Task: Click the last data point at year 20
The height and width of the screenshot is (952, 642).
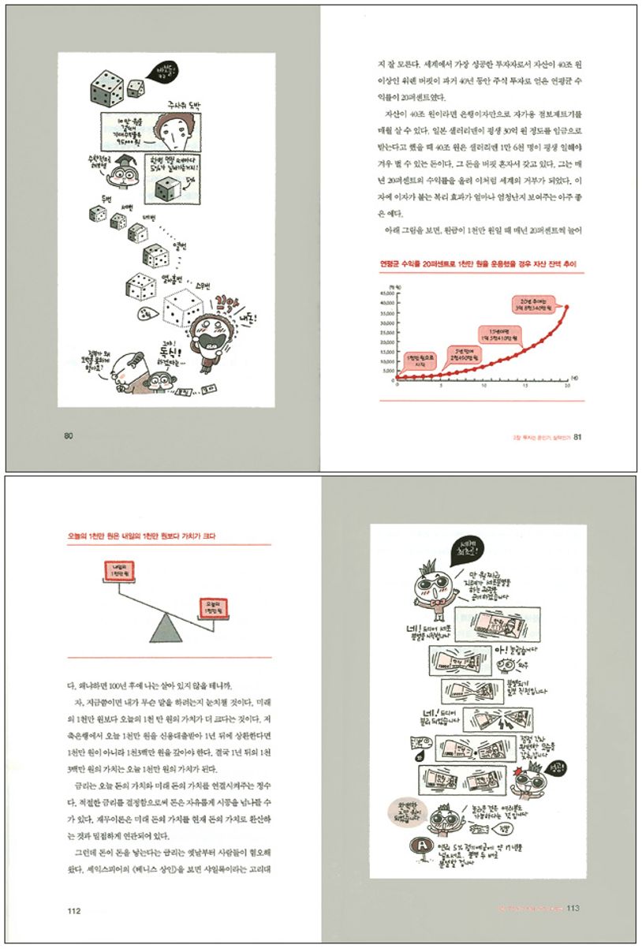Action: pos(567,307)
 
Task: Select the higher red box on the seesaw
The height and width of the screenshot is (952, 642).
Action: pos(120,569)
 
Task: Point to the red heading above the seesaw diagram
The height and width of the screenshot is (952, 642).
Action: pos(141,536)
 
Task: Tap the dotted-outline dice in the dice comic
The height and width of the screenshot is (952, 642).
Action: pos(183,309)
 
